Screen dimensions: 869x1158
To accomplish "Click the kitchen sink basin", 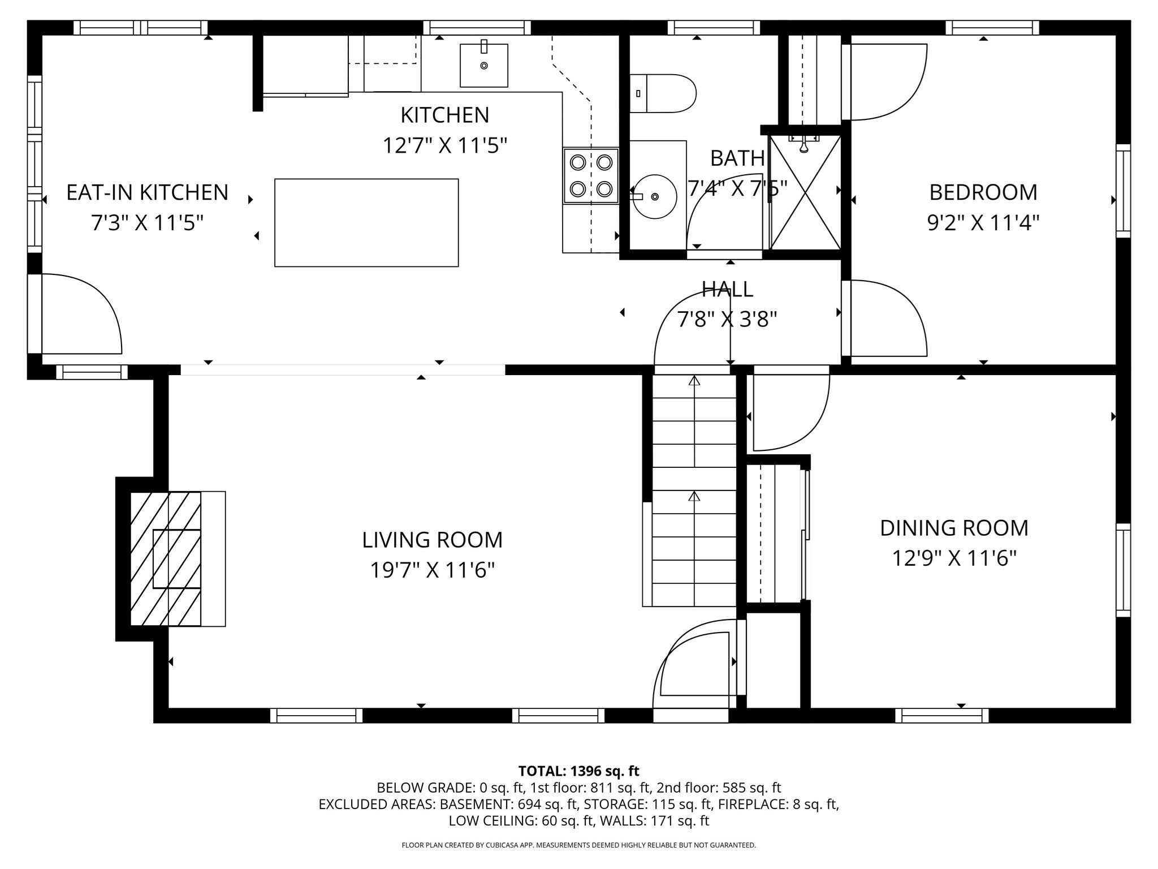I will (483, 66).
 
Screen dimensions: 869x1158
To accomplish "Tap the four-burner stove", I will (590, 175).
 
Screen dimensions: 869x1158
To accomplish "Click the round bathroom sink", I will (655, 196).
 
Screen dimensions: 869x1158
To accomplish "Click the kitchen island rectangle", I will (366, 222).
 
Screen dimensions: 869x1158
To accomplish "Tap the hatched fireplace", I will (166, 558).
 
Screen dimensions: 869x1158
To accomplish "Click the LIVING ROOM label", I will (432, 540).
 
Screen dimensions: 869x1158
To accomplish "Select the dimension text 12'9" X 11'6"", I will (954, 558).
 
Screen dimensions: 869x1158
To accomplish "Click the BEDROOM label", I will (983, 192).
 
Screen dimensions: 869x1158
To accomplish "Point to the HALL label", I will (727, 289).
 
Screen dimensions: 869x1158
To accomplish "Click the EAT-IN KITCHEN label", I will (147, 192).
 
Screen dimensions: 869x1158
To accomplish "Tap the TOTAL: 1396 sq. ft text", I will (578, 771).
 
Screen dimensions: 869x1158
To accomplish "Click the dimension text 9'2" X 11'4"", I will (983, 223).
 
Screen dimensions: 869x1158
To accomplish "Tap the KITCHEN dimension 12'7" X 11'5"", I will (444, 145).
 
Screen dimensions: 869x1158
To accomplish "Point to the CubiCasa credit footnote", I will (578, 845).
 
